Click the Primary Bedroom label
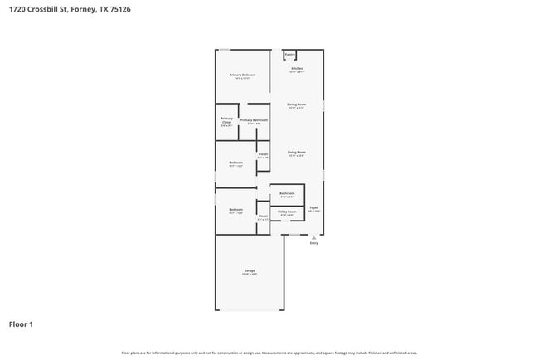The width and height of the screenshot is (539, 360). pyautogui.click(x=242, y=75)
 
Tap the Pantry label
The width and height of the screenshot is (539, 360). pyautogui.click(x=289, y=55)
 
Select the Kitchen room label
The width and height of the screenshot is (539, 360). pyautogui.click(x=297, y=68)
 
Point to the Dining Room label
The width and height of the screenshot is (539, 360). pyautogui.click(x=297, y=105)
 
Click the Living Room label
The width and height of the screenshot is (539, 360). pyautogui.click(x=297, y=153)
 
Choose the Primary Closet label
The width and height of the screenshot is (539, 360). pyautogui.click(x=226, y=120)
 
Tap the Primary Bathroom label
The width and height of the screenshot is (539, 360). pyautogui.click(x=254, y=120)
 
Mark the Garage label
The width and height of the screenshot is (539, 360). pyautogui.click(x=250, y=271)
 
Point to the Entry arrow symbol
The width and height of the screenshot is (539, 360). pyautogui.click(x=313, y=236)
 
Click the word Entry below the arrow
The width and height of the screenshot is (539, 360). pyautogui.click(x=313, y=243)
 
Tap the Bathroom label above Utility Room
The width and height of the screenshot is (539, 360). pyautogui.click(x=287, y=193)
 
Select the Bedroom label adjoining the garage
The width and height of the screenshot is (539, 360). pyautogui.click(x=236, y=210)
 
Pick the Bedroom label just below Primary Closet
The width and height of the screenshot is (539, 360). pyautogui.click(x=236, y=163)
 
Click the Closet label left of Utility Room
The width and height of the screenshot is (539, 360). pyautogui.click(x=263, y=216)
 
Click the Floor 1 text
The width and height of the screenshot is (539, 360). pyautogui.click(x=21, y=324)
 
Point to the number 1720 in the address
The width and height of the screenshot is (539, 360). pyautogui.click(x=17, y=9)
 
